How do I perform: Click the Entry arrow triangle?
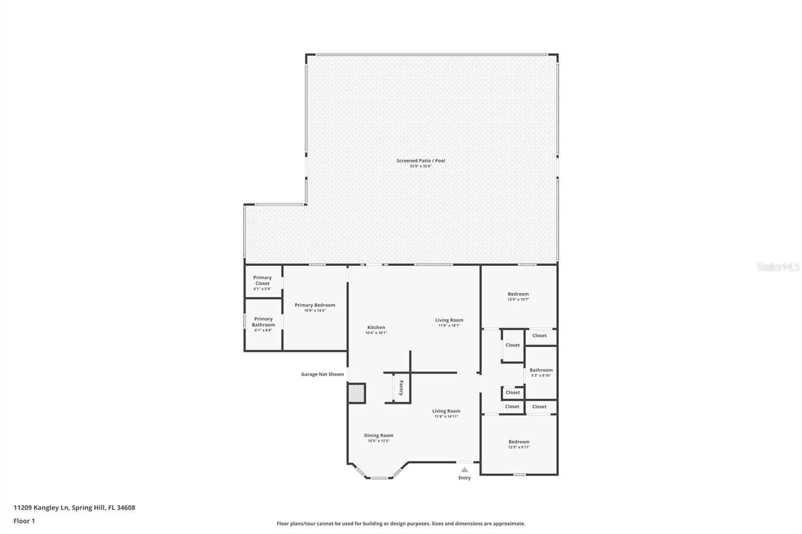pyautogui.click(x=464, y=470)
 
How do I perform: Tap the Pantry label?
pyautogui.click(x=401, y=388)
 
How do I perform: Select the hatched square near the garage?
pyautogui.click(x=356, y=393)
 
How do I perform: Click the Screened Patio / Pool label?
pyautogui.click(x=421, y=161)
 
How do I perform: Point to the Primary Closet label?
pyautogui.click(x=262, y=281)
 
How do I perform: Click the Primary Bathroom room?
pyautogui.click(x=263, y=324)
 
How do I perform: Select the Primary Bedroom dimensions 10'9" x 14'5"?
pyautogui.click(x=315, y=311)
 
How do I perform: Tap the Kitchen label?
pyautogui.click(x=376, y=328)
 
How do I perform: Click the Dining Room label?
pyautogui.click(x=378, y=435)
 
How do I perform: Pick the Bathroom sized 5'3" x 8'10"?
pyautogui.click(x=541, y=372)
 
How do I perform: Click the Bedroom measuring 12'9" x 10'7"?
pyautogui.click(x=518, y=297)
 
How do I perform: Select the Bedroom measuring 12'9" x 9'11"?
pyautogui.click(x=519, y=444)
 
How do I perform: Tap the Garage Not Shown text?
pyautogui.click(x=322, y=374)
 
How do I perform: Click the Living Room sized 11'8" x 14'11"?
pyautogui.click(x=446, y=413)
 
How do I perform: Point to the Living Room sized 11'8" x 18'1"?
pyautogui.click(x=449, y=323)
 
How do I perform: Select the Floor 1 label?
pyautogui.click(x=24, y=521)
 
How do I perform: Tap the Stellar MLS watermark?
pyautogui.click(x=778, y=268)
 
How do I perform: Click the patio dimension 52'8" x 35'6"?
pyautogui.click(x=421, y=166)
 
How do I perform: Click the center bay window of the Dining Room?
pyautogui.click(x=379, y=478)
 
